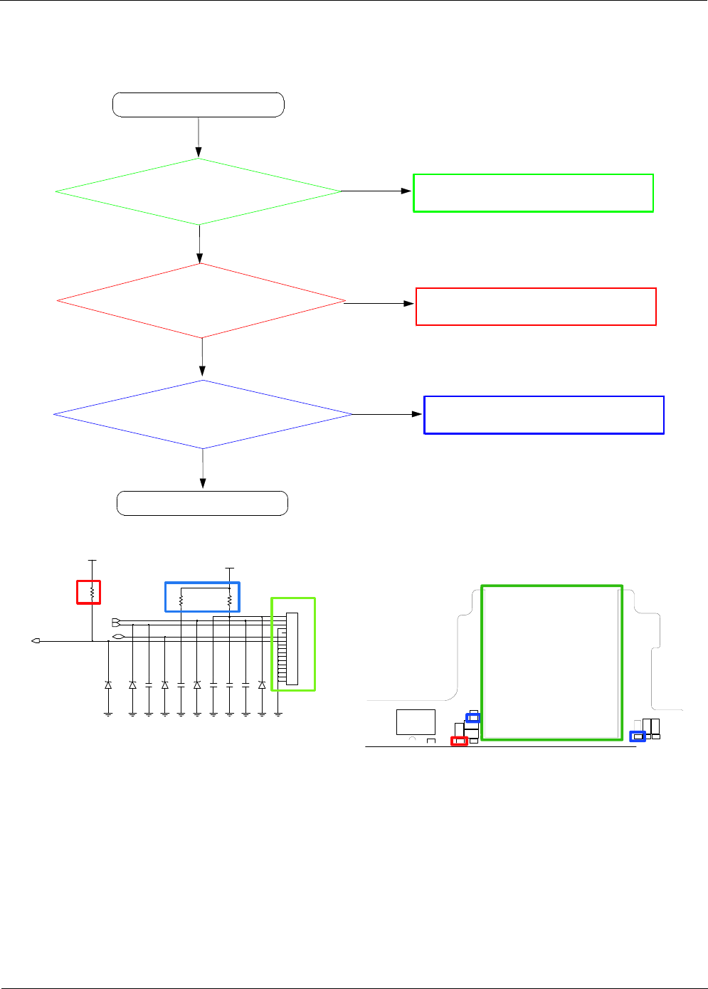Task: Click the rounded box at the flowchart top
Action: (199, 105)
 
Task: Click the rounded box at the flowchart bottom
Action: (202, 503)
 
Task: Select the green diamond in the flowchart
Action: (199, 191)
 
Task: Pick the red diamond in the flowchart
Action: (201, 301)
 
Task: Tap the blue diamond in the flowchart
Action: (203, 414)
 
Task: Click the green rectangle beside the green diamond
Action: (533, 193)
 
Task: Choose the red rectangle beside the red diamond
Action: (536, 307)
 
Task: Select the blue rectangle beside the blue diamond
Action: (544, 415)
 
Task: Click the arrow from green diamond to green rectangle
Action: (376, 191)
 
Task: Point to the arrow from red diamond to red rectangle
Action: (379, 303)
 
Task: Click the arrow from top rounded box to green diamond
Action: (199, 137)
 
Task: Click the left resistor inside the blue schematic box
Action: (181, 601)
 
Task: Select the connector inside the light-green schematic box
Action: (292, 648)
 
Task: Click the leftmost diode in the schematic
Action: (108, 684)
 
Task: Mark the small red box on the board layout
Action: (459, 741)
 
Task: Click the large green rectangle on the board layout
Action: (551, 662)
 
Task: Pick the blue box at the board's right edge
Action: (638, 736)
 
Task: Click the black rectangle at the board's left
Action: (416, 721)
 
